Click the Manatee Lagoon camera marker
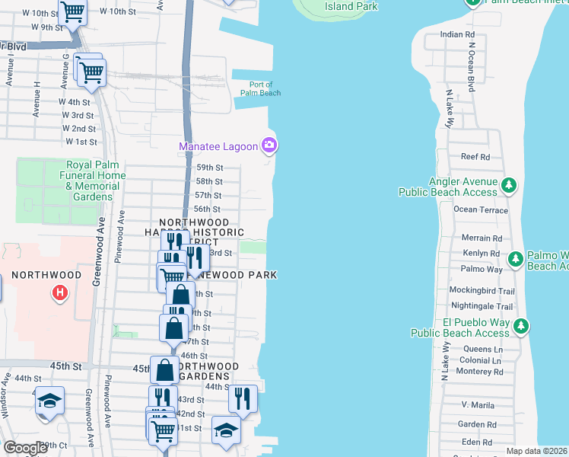point(269,145)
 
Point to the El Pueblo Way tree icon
point(521,327)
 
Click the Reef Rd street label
point(475,157)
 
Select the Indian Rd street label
point(457,35)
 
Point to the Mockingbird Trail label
point(482,291)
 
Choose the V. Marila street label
point(478,404)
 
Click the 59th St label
point(209,168)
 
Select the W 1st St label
point(81,142)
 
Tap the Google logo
point(25,448)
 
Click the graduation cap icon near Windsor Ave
point(49,400)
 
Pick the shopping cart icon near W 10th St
point(72,13)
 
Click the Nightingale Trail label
point(481,306)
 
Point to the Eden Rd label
point(477,442)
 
